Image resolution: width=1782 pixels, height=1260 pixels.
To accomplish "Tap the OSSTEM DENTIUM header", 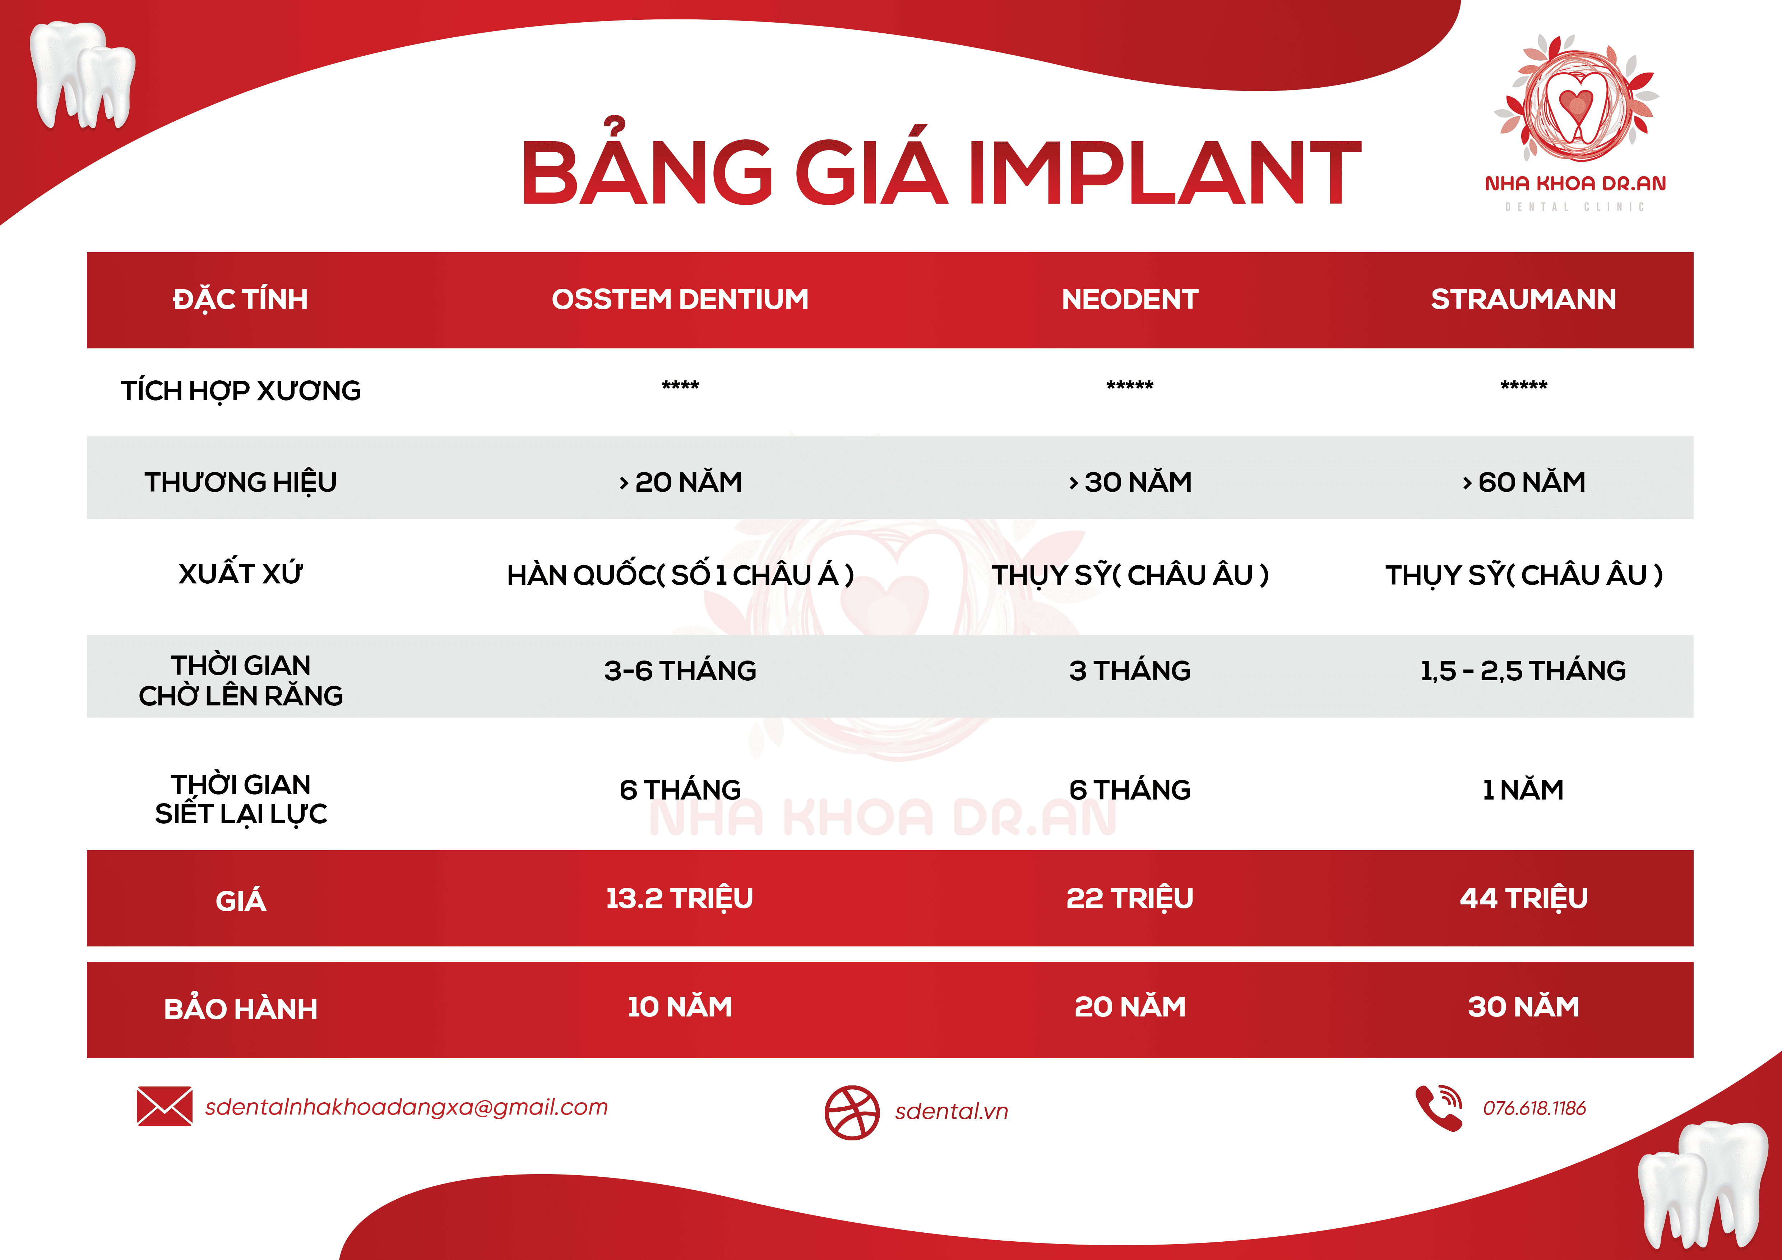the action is click(x=680, y=300).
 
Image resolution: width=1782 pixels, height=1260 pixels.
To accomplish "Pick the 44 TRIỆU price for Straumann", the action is click(x=1523, y=898).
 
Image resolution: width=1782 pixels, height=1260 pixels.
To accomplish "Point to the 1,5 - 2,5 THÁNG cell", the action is click(x=1523, y=670).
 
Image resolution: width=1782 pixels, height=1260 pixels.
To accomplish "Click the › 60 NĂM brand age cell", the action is click(x=1523, y=482).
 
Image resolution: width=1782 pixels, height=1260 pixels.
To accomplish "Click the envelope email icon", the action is click(x=164, y=1106).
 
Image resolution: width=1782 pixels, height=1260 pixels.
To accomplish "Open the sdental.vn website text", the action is click(x=952, y=1111).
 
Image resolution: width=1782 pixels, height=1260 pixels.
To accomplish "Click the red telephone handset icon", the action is click(x=1438, y=1108).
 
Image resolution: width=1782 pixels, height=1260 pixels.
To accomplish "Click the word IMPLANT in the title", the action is click(x=1164, y=172).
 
